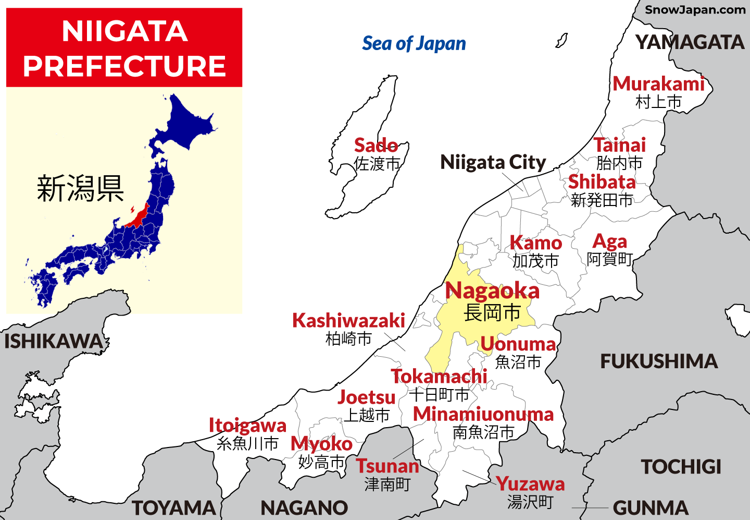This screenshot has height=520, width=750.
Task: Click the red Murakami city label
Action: [658, 84]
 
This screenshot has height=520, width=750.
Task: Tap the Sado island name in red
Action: [376, 145]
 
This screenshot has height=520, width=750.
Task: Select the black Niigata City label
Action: [493, 162]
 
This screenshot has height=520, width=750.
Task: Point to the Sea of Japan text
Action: [414, 44]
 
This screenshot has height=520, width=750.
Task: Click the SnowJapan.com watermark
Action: [695, 9]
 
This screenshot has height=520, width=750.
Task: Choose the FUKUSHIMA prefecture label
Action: [659, 361]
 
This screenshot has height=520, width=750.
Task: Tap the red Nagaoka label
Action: [492, 291]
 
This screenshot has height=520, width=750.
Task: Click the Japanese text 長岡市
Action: [492, 313]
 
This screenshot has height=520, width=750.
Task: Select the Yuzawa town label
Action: [530, 484]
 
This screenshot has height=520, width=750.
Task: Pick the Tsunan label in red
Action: [387, 466]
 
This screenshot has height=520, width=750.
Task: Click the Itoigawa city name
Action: [247, 426]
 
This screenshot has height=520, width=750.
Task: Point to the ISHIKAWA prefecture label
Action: [53, 342]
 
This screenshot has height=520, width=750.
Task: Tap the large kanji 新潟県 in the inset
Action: [80, 188]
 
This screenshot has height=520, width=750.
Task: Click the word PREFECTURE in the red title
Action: [124, 66]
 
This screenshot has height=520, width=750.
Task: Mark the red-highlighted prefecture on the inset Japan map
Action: [136, 216]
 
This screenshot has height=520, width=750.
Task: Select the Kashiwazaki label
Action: [348, 320]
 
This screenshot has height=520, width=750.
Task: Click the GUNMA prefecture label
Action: [651, 507]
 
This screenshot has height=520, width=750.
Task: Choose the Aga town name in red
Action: [609, 241]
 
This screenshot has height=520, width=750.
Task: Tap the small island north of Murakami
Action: [561, 41]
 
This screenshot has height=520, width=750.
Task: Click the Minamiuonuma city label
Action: [483, 414]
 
